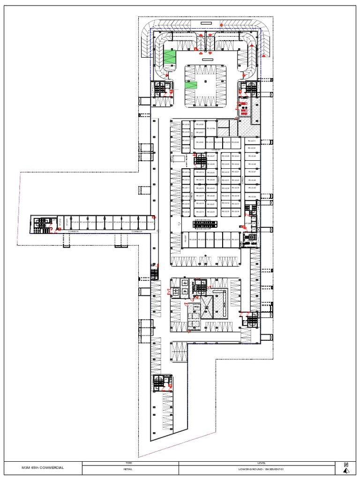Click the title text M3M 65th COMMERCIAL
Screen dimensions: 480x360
pos(43,468)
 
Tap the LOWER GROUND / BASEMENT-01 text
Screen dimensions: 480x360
pos(258,468)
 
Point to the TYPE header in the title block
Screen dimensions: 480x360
pos(129,463)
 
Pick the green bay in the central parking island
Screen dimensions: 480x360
pos(191,85)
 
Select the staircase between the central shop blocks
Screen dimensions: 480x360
pos(200,160)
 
